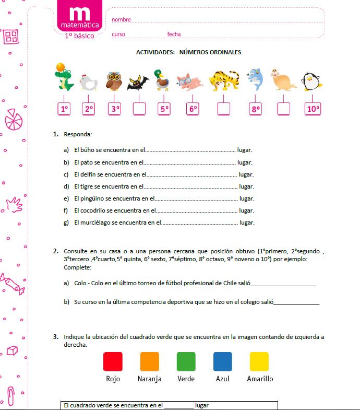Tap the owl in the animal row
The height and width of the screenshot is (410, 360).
[x=114, y=81]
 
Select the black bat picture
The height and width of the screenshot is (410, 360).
[x=138, y=81]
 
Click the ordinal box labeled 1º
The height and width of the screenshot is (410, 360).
[x=64, y=109]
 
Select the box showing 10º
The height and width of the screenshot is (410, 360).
[x=313, y=109]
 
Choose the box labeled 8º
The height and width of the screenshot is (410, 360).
[x=255, y=109]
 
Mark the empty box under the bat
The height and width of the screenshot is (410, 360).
[x=139, y=109]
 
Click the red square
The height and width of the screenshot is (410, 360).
[x=113, y=361]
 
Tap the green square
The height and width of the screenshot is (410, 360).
[x=186, y=361]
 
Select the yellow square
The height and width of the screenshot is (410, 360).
[x=259, y=361]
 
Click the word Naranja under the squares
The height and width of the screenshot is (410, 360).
[x=149, y=379]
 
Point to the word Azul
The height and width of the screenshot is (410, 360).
[x=223, y=379]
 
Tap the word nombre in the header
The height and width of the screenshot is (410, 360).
[x=121, y=20]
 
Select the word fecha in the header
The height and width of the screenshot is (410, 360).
[x=174, y=34]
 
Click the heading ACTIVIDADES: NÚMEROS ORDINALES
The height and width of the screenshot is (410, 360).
[x=188, y=52]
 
